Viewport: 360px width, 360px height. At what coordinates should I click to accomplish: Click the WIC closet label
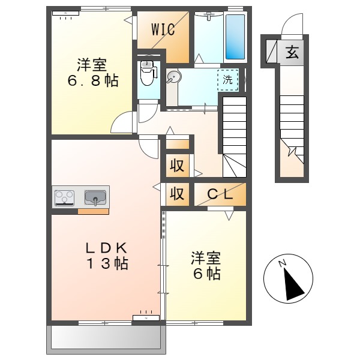(x=163, y=29)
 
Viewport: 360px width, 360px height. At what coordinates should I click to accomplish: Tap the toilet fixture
(x=148, y=73)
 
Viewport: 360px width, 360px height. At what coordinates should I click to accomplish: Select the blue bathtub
(x=235, y=37)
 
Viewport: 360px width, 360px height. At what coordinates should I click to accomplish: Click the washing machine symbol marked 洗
(x=228, y=80)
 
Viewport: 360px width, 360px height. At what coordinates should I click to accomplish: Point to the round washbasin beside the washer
(x=174, y=76)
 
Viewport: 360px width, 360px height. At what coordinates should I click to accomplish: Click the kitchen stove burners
(x=64, y=198)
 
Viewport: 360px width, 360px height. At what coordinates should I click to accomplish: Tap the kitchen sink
(x=95, y=198)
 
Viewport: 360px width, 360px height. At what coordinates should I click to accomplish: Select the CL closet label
(x=220, y=194)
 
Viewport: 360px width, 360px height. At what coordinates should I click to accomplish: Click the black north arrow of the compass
(x=293, y=284)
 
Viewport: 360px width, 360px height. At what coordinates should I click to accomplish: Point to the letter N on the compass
(x=282, y=263)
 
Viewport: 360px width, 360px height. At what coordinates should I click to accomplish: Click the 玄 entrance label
(x=292, y=52)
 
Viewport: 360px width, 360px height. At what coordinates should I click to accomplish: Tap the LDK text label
(x=106, y=248)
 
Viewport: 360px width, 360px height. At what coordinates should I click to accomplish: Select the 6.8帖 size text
(x=93, y=81)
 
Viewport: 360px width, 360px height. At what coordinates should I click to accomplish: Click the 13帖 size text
(x=107, y=263)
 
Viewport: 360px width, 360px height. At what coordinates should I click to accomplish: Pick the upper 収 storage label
(x=177, y=166)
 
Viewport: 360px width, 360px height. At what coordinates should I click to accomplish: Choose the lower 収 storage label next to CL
(x=177, y=194)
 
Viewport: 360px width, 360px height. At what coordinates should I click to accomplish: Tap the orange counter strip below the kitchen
(x=93, y=211)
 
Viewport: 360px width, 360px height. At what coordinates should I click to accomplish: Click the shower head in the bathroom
(x=209, y=16)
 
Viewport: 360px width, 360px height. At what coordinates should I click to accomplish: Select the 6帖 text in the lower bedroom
(x=206, y=274)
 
